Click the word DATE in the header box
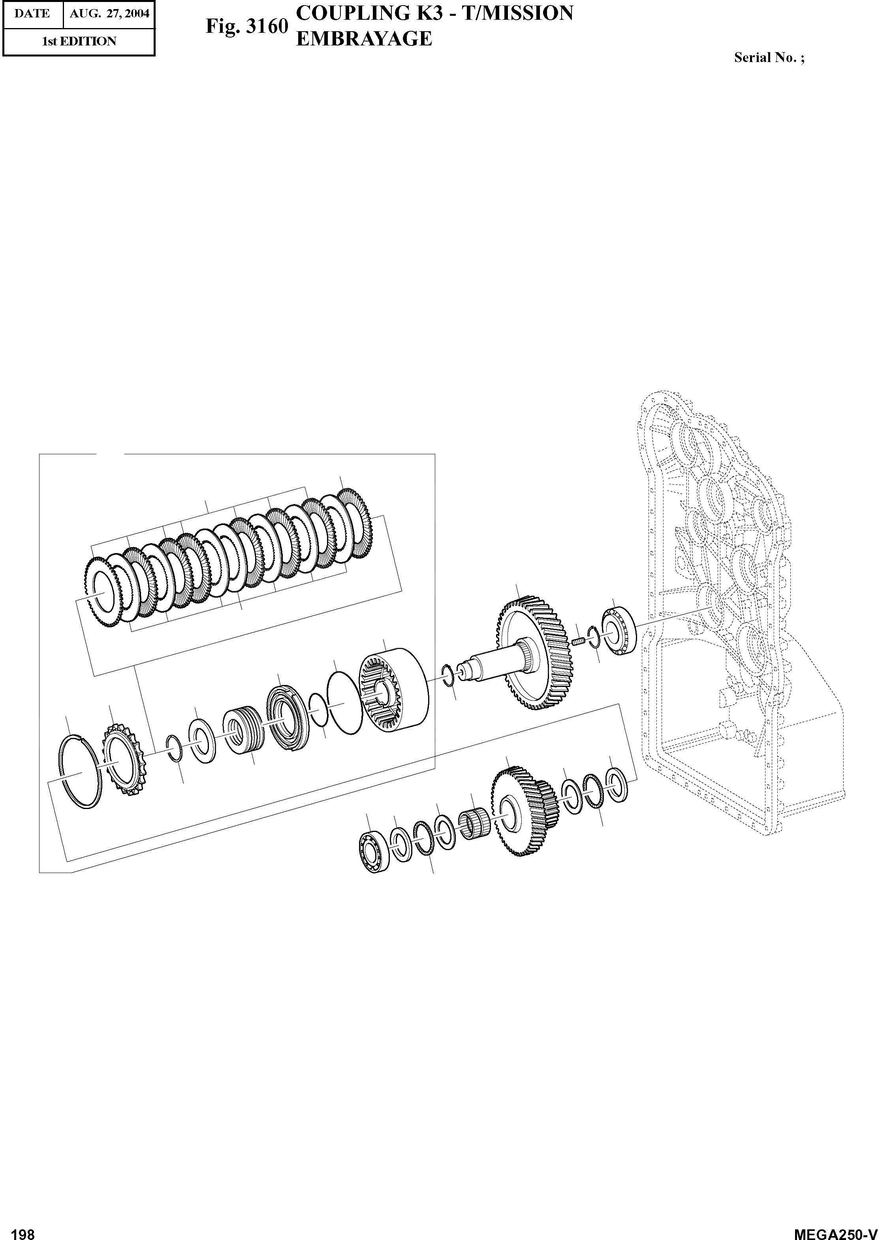point(32,13)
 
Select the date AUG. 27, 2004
point(109,13)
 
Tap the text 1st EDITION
point(79,41)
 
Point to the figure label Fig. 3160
point(246,26)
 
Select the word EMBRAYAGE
point(365,38)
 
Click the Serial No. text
point(769,58)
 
